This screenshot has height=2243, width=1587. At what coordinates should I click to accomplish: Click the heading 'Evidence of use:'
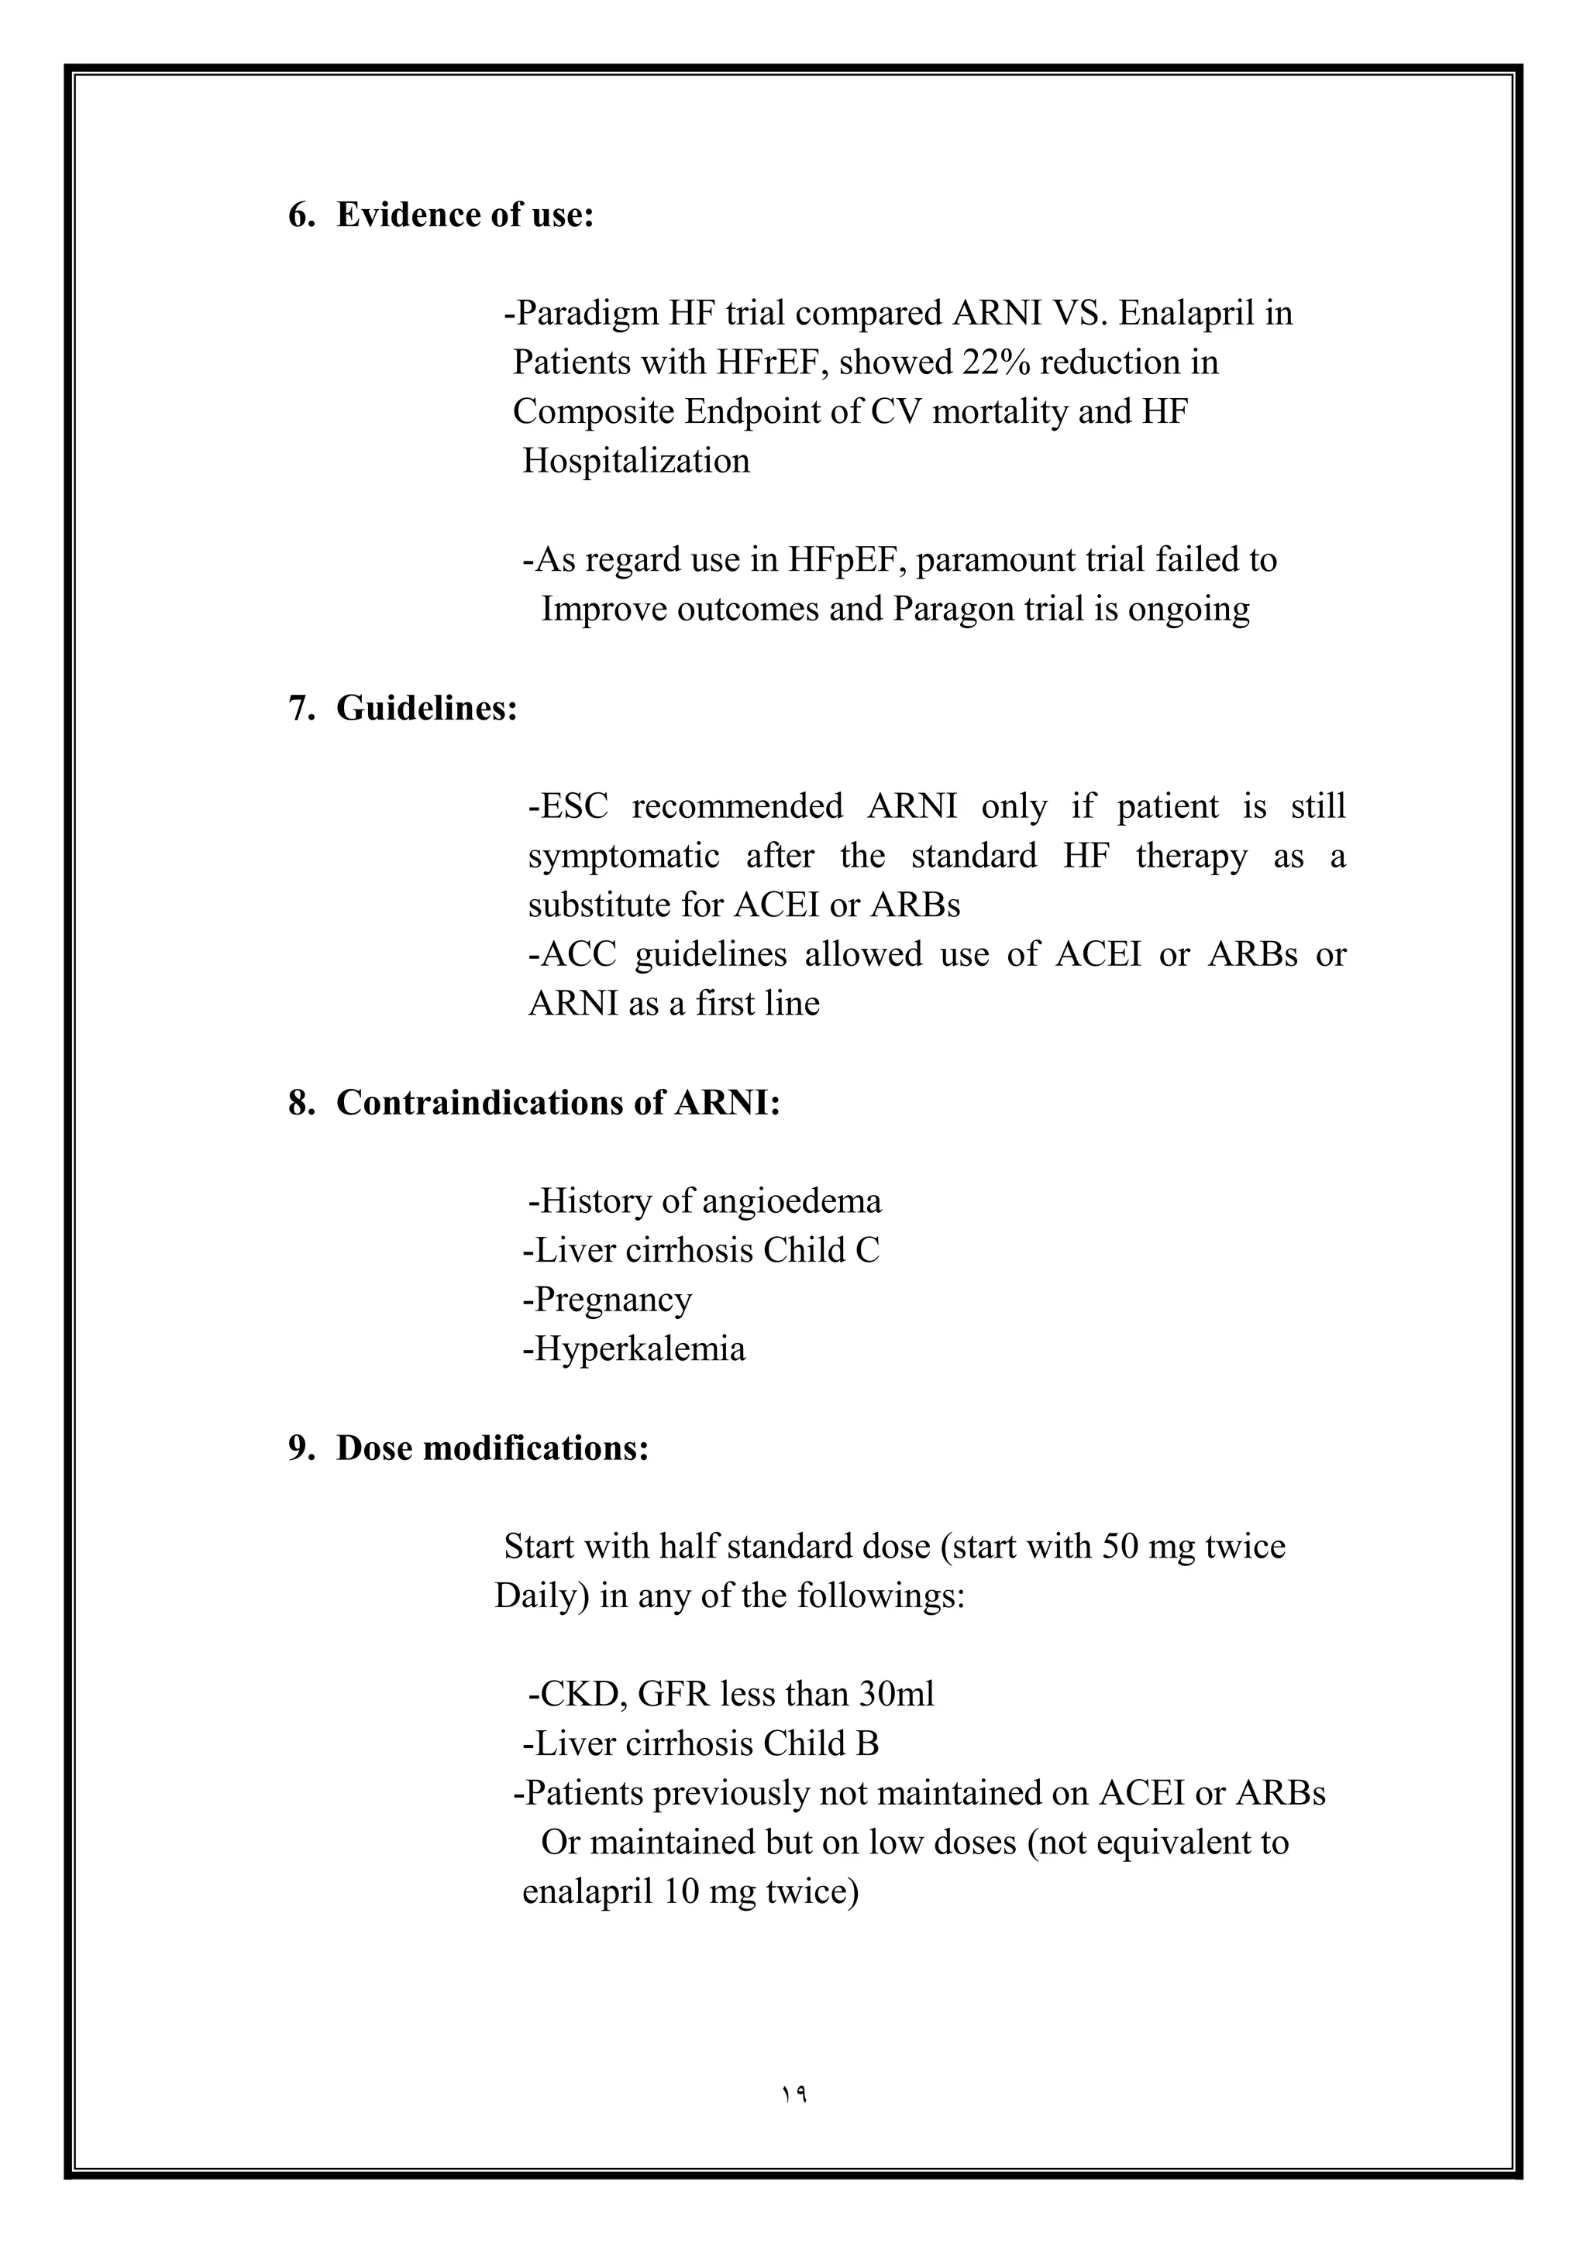click(x=465, y=215)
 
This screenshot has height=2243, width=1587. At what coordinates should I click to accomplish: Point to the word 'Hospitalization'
click(x=636, y=461)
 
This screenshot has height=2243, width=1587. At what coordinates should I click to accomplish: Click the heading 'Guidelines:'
click(x=427, y=708)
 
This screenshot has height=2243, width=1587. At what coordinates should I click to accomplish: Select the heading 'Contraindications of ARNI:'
click(x=558, y=1102)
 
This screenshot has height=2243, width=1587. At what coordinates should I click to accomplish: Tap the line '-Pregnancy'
click(x=607, y=1300)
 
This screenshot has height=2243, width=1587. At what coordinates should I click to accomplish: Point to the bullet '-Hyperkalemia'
click(x=633, y=1349)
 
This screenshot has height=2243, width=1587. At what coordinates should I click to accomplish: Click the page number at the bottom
click(x=793, y=2094)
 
